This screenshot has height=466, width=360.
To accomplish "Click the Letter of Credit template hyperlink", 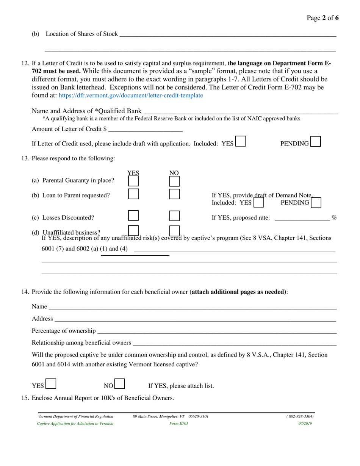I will tap(131, 95).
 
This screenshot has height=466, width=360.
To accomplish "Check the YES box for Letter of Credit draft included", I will tap(240, 142).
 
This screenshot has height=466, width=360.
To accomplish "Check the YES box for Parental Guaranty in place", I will tap(133, 181).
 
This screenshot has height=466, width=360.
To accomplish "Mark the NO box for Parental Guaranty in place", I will tap(174, 181).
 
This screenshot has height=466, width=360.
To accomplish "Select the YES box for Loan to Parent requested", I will tap(133, 194).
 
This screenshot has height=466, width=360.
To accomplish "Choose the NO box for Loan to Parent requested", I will tap(174, 194).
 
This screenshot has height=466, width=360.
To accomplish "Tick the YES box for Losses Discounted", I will tap(133, 216).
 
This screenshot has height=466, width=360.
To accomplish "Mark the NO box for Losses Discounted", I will tap(174, 216).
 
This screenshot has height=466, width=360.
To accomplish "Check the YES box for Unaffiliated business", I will tap(133, 230).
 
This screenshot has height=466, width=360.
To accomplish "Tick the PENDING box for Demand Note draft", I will tap(316, 203).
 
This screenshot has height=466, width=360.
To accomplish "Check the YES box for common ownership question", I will tap(51, 385).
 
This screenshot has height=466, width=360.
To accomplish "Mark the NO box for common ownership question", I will tap(120, 385).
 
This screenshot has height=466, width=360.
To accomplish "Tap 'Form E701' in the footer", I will tap(179, 424).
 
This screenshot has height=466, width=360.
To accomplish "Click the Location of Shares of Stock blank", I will tap(227, 34).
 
